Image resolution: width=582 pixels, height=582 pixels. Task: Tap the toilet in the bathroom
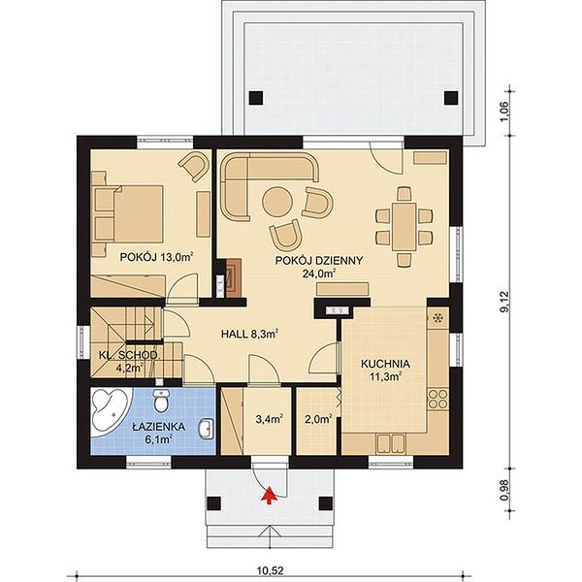point(161,401)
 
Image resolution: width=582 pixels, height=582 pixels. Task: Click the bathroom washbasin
point(206,430)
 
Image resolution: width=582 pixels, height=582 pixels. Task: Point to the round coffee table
point(276,202)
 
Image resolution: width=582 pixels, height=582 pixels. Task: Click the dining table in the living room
point(404,226)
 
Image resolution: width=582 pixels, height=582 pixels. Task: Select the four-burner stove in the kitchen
point(438,399)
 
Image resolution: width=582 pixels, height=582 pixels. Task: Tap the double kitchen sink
point(391,443)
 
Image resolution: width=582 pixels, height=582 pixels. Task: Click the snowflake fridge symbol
point(438,318)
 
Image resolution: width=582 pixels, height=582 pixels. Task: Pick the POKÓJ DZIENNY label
point(318,261)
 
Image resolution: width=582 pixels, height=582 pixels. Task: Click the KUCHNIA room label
point(385,364)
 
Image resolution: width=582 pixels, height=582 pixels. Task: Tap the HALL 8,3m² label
point(250,334)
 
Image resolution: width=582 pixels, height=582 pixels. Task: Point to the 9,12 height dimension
point(504,302)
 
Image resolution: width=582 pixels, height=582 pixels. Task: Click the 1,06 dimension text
point(504,112)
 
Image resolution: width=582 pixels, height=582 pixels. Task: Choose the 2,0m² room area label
point(318,419)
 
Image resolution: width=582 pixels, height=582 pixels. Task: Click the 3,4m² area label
point(270,419)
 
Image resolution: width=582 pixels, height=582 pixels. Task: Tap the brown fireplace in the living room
point(234,277)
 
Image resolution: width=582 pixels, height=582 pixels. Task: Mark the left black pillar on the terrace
point(256,98)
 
